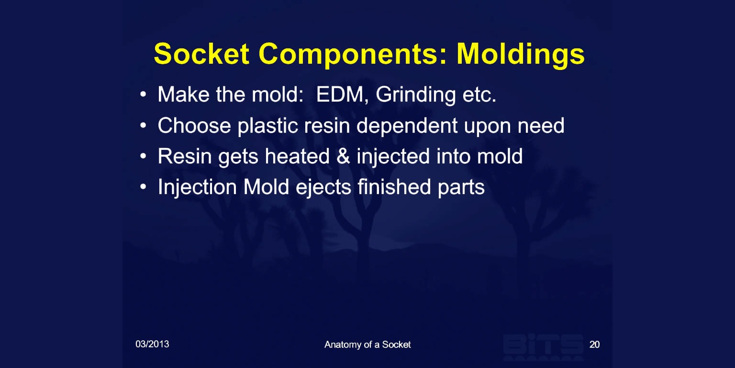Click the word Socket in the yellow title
click(x=201, y=54)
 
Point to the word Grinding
click(x=416, y=95)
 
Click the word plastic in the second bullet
click(x=268, y=126)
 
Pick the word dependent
click(x=407, y=126)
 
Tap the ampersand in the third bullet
click(x=343, y=156)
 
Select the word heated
click(x=297, y=156)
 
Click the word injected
click(x=393, y=157)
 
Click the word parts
click(x=461, y=188)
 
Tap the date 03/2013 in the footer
click(x=152, y=344)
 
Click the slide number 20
click(x=595, y=345)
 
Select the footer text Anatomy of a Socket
click(x=367, y=345)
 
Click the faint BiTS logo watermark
click(x=544, y=347)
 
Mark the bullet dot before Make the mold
click(x=143, y=95)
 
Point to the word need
click(x=541, y=126)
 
